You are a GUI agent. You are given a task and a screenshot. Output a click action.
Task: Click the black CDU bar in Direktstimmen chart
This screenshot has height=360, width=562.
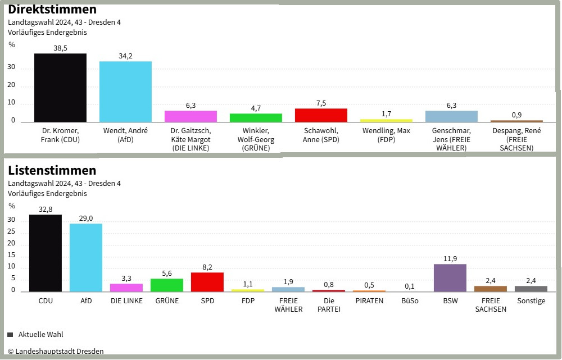click(60, 88)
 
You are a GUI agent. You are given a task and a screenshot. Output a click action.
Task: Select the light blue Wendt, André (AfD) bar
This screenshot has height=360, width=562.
click(125, 92)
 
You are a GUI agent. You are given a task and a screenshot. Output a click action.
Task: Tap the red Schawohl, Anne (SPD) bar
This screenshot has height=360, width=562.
click(321, 115)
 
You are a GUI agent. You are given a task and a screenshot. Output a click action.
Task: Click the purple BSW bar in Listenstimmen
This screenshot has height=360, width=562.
click(450, 277)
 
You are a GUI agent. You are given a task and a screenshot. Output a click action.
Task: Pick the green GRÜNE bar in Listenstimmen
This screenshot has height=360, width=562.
click(167, 285)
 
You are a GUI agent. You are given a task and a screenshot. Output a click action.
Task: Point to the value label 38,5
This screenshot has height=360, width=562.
click(60, 48)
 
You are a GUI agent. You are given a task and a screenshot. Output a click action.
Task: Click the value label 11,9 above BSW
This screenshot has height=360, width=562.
click(450, 259)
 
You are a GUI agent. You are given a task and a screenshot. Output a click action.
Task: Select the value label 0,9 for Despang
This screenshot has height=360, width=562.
click(516, 115)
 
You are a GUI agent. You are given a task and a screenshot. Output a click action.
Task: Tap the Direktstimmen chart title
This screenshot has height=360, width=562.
click(52, 10)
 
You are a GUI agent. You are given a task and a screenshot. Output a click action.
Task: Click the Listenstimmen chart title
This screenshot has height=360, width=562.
click(52, 170)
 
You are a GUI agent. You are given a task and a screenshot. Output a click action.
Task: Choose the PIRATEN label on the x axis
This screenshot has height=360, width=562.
click(369, 301)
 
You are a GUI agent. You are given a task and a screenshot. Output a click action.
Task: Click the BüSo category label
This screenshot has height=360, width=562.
click(410, 301)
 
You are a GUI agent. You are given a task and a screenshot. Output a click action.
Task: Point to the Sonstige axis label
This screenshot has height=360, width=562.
click(531, 301)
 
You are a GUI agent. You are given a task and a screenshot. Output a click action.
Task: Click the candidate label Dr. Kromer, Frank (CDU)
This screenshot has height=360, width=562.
click(60, 135)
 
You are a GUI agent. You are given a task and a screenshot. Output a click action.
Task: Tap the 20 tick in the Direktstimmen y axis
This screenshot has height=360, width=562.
click(12, 86)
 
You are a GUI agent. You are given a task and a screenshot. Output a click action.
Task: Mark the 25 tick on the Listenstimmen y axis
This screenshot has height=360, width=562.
click(12, 233)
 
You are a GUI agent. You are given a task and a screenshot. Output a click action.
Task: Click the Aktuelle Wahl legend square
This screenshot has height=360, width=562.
click(10, 335)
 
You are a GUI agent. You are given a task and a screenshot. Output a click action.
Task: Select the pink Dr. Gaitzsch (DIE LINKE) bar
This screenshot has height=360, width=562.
click(191, 116)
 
